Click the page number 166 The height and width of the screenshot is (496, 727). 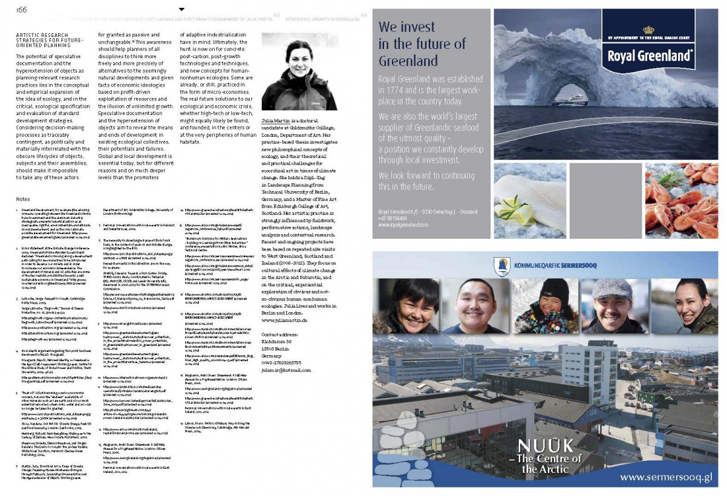click(x=22, y=10)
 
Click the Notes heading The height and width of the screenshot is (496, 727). click(x=23, y=198)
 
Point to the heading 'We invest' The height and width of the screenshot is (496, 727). click(x=406, y=28)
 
